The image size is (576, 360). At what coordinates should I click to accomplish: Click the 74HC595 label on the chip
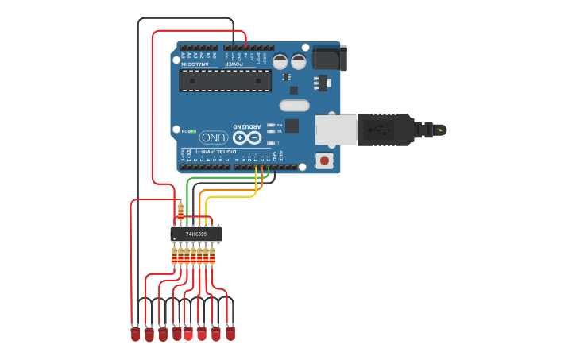click(195, 234)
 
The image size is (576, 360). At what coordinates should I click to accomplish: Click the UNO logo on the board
click(213, 137)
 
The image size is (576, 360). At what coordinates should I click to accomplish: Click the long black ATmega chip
click(225, 80)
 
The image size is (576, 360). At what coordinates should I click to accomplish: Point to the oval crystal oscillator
click(294, 105)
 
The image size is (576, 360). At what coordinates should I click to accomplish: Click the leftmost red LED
click(135, 335)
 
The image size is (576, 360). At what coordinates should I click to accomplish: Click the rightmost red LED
click(230, 334)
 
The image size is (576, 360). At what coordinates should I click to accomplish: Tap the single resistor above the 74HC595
click(180, 211)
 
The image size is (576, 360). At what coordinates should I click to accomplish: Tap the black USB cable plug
click(385, 130)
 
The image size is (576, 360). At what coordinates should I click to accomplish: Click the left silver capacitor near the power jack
click(280, 60)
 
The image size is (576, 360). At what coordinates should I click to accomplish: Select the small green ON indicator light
click(192, 131)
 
